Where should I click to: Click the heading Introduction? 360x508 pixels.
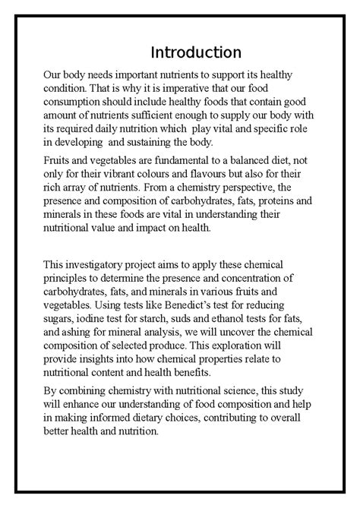pos(196,52)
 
